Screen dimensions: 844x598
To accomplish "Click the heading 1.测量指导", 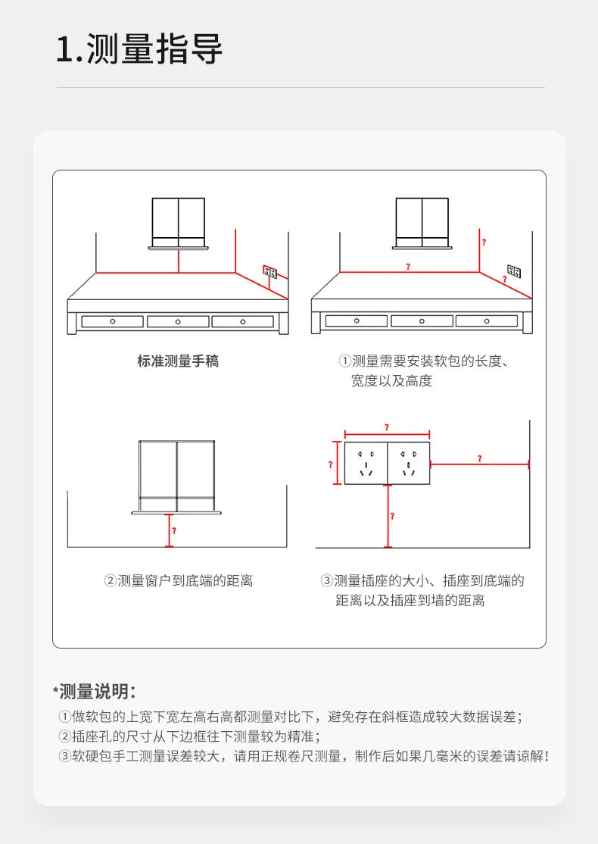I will (139, 49).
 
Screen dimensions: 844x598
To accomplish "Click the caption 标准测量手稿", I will (178, 361).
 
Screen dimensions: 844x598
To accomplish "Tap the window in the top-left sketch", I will (179, 220).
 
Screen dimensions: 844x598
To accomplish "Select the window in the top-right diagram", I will (422, 220).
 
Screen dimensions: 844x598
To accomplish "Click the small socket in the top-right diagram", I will (513, 270).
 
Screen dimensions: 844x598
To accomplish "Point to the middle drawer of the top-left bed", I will (178, 321).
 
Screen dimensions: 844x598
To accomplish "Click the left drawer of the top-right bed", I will (357, 321).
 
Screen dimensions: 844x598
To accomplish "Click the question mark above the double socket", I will (387, 427).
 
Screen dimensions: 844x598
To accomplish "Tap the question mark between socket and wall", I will (479, 458).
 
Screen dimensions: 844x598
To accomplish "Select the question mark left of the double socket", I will (330, 464).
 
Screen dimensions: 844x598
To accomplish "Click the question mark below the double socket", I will (392, 516).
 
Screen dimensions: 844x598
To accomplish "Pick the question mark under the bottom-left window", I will (174, 530).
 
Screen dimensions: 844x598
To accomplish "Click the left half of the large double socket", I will (366, 464).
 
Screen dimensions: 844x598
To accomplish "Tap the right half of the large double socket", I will (409, 464).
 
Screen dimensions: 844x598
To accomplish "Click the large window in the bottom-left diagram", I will (177, 474).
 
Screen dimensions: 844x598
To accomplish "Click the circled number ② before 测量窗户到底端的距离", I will (110, 581).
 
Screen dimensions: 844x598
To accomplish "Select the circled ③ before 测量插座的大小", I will (327, 581).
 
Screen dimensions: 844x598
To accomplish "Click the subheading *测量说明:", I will (95, 691).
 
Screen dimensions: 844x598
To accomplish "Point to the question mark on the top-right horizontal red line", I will (408, 267).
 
